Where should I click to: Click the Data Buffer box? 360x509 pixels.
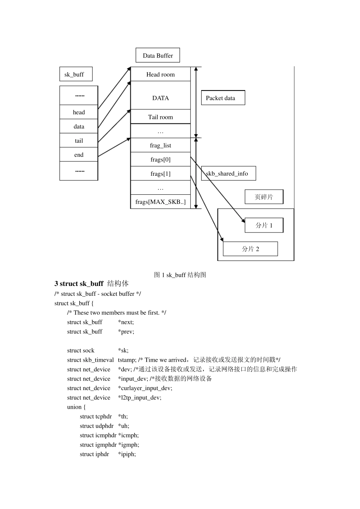pos(158,55)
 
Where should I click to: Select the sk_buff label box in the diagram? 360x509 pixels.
pos(76,74)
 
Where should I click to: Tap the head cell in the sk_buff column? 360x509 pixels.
pos(79,112)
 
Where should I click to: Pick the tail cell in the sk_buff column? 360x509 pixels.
pos(79,141)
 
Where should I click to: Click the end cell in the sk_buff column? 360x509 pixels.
pos(79,155)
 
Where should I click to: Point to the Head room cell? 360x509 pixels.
pos(160,74)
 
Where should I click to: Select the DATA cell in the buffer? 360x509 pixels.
pos(160,98)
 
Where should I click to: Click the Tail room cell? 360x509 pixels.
pos(160,117)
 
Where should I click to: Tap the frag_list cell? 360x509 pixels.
pos(160,145)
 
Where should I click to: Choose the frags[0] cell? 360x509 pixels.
pos(160,159)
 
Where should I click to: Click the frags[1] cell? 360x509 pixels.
pos(160,173)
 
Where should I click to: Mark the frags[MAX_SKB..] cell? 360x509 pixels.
pos(160,202)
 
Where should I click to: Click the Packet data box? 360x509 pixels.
pos(223,98)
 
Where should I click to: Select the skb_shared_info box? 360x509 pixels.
pos(229,173)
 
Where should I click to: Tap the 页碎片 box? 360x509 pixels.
pos(264,197)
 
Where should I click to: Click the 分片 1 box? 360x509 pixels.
pos(264,225)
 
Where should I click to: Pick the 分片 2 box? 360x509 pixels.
pos(250,249)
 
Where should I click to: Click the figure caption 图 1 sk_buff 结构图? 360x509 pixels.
pos(180,275)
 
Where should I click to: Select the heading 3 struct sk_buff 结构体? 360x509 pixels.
pos(91,284)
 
